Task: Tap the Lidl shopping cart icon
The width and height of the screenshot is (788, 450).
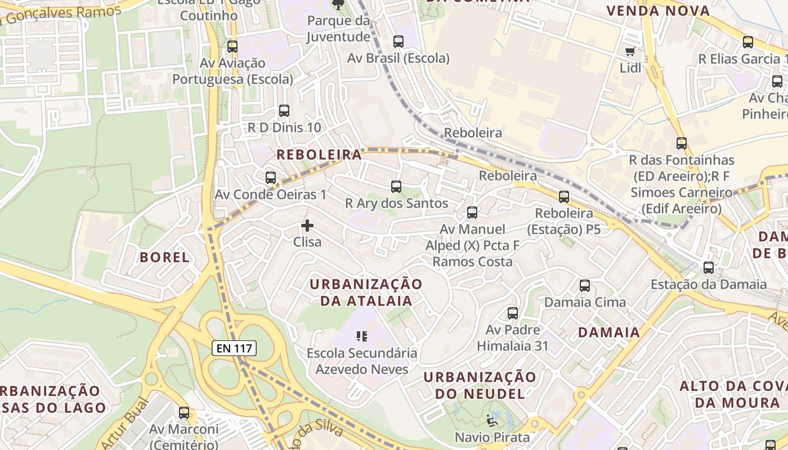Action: (x=630, y=52)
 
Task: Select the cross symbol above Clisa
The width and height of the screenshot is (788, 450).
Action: (x=307, y=226)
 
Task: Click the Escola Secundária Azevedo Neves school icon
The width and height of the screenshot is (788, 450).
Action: (x=362, y=336)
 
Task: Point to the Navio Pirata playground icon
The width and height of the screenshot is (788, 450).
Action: (x=492, y=420)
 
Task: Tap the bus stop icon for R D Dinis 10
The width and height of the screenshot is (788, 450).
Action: (x=284, y=111)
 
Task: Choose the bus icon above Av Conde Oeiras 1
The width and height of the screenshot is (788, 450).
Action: (x=271, y=178)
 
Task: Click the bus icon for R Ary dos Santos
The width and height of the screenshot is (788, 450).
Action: (x=396, y=187)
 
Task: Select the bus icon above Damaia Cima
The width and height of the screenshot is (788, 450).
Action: (x=585, y=286)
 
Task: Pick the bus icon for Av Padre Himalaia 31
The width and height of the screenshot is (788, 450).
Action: (x=513, y=313)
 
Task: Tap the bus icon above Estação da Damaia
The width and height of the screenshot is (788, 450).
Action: (x=709, y=268)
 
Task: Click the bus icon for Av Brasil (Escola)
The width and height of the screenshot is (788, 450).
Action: (x=399, y=42)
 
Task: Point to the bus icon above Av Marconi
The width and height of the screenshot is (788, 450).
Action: (x=184, y=413)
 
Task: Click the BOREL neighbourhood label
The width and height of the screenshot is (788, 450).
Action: (x=164, y=258)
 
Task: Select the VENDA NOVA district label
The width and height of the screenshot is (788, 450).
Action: (x=658, y=11)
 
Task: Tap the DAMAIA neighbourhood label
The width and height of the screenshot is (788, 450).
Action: (x=609, y=332)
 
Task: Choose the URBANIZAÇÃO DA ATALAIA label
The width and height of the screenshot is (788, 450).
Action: (x=366, y=292)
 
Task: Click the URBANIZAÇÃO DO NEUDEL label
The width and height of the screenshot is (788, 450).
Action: (x=480, y=385)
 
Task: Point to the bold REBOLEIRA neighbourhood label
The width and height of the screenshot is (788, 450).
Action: (x=319, y=155)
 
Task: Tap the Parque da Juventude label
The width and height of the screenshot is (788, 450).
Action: (x=338, y=29)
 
